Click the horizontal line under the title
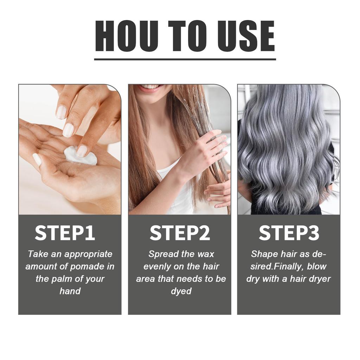[185, 59]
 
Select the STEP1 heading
[65, 233]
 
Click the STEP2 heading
[180, 233]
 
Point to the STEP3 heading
[289, 233]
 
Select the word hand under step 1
[70, 291]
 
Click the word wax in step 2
[205, 254]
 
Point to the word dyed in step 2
[181, 291]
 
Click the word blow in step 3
[317, 266]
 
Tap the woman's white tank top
[176, 197]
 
